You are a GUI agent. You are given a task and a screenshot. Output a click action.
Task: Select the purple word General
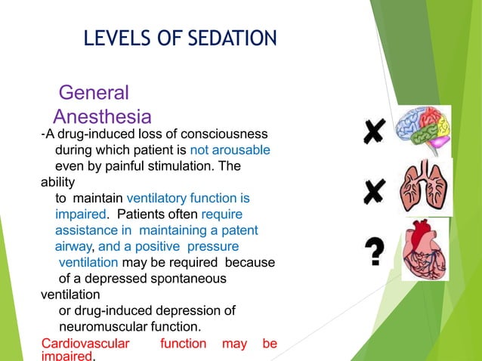[94, 93]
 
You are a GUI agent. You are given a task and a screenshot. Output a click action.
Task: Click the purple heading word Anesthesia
[103, 117]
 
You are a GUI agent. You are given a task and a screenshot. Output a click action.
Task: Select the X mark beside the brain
[372, 133]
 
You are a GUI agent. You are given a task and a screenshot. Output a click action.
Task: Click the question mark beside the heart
[372, 251]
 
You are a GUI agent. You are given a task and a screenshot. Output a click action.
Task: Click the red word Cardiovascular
[85, 344]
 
